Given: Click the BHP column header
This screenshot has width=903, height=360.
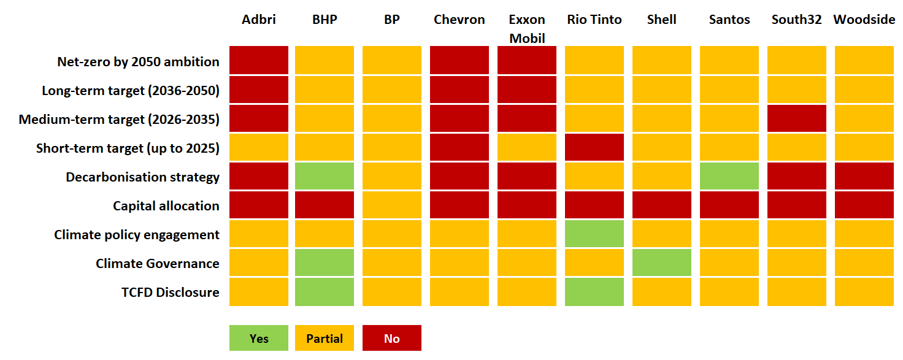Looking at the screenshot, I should [x=325, y=20].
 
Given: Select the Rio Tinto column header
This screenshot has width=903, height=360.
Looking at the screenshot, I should [x=594, y=20].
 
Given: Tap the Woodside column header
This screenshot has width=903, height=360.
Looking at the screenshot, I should [x=864, y=20].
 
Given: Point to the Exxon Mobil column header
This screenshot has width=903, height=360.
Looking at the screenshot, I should [x=527, y=29].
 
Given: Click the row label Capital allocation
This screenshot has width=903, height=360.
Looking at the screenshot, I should [x=166, y=206].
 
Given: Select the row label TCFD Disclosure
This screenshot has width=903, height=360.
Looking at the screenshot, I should [x=170, y=293].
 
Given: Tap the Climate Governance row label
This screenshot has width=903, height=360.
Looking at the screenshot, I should [x=157, y=264].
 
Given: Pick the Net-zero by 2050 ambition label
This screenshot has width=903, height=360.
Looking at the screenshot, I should [x=138, y=62].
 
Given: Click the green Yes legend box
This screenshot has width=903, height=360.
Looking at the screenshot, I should [x=259, y=338].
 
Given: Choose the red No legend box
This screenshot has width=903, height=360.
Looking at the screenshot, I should [x=392, y=338].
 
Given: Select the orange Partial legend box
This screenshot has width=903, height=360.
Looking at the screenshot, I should [x=325, y=338].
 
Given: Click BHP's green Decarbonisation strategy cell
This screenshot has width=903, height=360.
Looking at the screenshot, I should [x=325, y=177].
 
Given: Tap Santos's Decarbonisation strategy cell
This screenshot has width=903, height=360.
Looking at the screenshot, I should [x=729, y=177].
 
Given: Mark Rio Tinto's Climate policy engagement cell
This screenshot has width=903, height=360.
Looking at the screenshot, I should [x=594, y=234].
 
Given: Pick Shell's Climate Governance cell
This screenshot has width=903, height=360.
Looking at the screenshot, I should [x=662, y=263].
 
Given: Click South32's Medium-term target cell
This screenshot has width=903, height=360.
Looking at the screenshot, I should [x=797, y=119].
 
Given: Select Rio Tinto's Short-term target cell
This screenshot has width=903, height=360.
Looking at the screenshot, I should [x=594, y=148].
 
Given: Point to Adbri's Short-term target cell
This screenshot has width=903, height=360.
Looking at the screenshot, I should [x=259, y=148].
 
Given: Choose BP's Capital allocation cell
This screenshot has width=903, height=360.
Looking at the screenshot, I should [x=392, y=205].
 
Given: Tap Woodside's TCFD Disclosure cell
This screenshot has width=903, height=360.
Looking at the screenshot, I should [x=864, y=292].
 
